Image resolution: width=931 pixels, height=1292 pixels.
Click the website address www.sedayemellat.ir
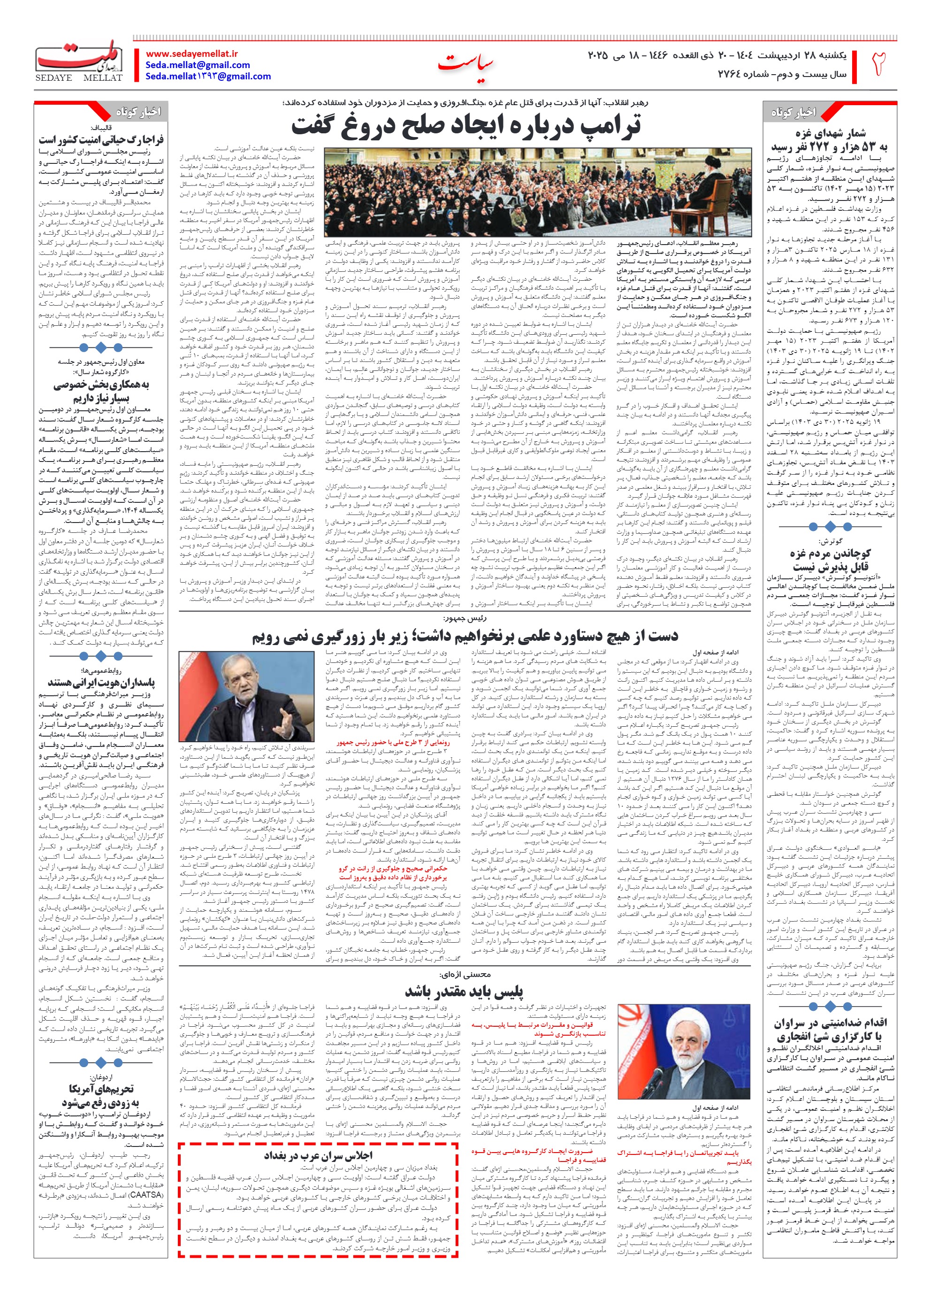[x=191, y=54]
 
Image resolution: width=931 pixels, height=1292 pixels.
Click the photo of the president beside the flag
[x=246, y=696]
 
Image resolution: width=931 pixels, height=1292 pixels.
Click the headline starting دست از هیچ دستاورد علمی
[x=465, y=636]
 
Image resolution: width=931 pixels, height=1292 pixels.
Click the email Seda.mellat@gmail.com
[x=198, y=65]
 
